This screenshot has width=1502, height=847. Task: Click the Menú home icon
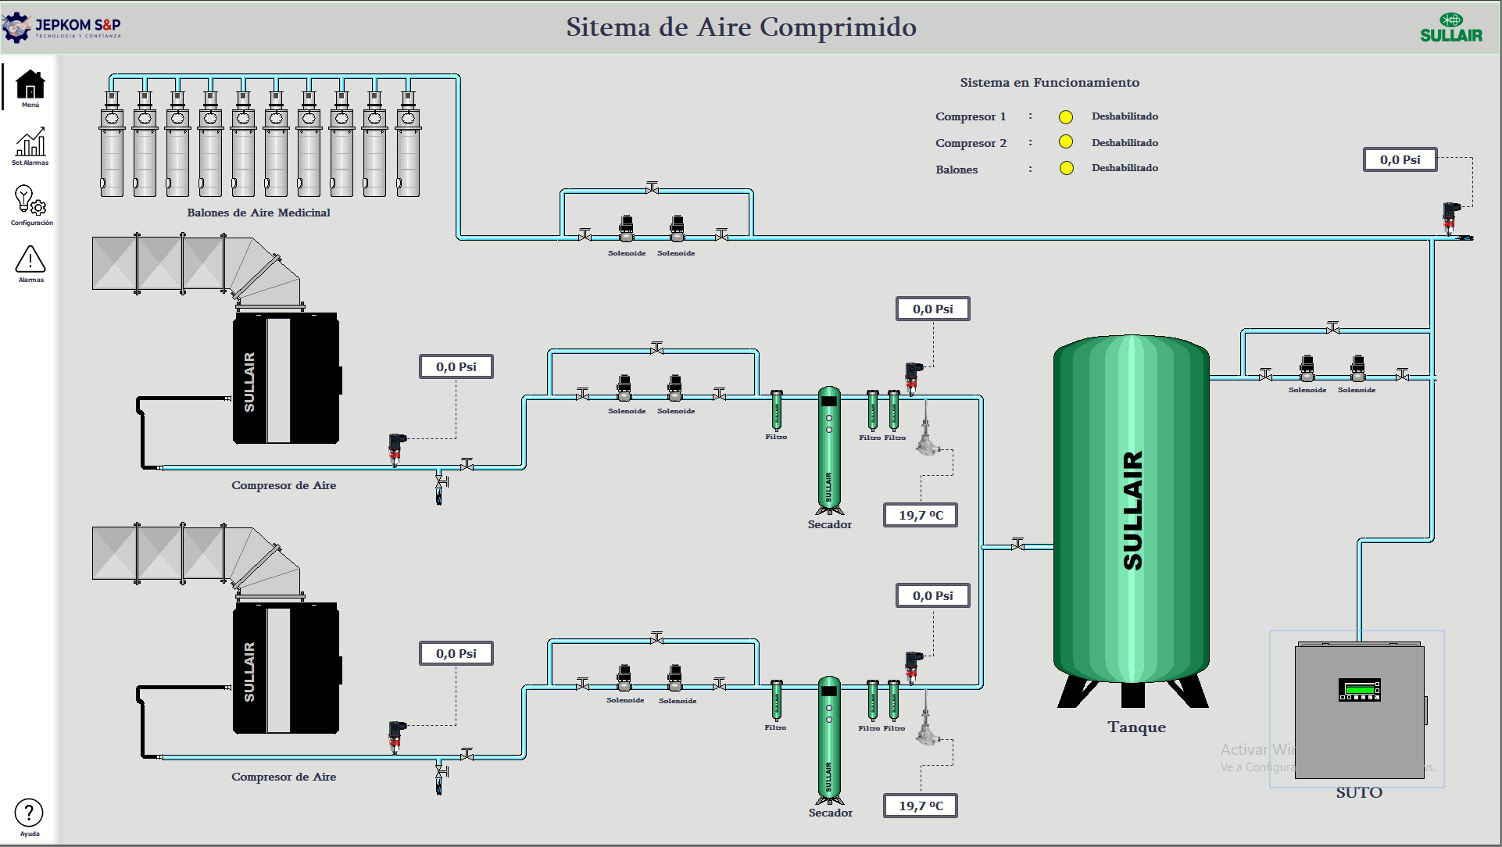tap(30, 84)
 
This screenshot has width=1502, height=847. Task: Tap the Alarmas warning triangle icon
tap(30, 259)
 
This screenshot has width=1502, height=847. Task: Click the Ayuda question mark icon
tap(29, 813)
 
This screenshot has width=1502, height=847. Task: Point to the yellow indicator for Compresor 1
tap(1066, 117)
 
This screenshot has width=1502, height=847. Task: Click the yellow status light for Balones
tap(1066, 168)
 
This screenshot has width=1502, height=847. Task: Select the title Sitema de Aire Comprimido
tap(741, 27)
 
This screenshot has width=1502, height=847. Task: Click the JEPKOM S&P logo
tap(63, 27)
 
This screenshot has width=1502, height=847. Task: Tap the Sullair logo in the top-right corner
tap(1451, 28)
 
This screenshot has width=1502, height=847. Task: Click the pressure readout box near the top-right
tap(1400, 159)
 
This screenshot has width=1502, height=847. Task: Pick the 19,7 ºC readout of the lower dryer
tap(921, 806)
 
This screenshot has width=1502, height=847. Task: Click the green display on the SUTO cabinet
tap(1360, 689)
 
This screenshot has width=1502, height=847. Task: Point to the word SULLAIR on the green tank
tap(1132, 510)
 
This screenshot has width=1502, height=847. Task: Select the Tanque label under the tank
tap(1136, 727)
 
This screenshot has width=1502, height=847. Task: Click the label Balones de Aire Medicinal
tap(259, 213)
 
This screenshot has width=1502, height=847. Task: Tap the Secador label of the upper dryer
tap(830, 524)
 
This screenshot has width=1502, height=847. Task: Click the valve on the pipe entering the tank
tap(1017, 545)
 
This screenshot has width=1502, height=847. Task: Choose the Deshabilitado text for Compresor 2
tap(1125, 142)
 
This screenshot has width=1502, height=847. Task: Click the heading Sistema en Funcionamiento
tap(1050, 83)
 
